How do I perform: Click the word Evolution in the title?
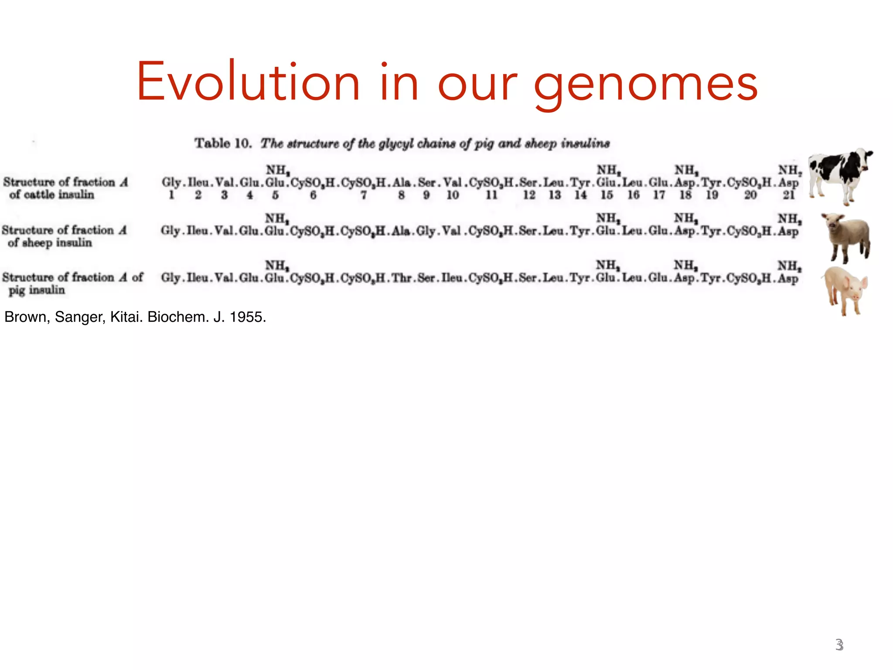248,83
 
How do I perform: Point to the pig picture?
845,290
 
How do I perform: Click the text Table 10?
223,143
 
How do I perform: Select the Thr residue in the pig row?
401,278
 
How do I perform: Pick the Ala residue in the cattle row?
402,182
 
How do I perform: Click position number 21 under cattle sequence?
788,195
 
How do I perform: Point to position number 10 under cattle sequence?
453,195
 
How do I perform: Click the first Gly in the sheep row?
170,230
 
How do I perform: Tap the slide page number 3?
839,645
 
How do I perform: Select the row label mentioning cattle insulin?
65,188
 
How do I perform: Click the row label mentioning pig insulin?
72,284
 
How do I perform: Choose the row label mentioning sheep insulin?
65,236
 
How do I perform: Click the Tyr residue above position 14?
580,182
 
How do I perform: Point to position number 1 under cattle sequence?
171,195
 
